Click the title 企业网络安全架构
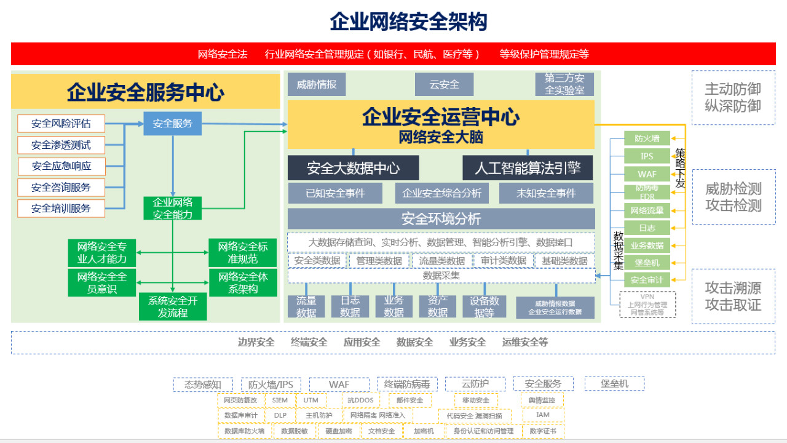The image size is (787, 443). [x=408, y=22]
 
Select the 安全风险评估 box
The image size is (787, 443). [x=61, y=124]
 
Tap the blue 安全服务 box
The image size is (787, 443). [x=173, y=124]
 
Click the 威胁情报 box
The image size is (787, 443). [x=317, y=84]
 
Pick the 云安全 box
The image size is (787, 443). [x=445, y=84]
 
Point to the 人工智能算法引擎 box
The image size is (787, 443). [x=528, y=168]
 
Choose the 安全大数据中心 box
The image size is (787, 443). [x=353, y=168]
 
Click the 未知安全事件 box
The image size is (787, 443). [x=546, y=193]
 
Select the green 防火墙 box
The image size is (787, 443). [x=647, y=138]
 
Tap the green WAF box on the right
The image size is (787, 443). [x=647, y=174]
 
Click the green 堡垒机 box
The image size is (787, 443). [x=647, y=263]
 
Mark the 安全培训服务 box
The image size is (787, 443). [x=61, y=209]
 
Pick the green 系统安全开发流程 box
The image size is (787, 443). [x=173, y=306]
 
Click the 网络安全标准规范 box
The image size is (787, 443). [x=243, y=252]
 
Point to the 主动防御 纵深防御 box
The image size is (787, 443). [x=733, y=98]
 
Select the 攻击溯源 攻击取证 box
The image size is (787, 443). [x=733, y=296]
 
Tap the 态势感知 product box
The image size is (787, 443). [x=203, y=385]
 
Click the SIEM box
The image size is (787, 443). [x=280, y=401]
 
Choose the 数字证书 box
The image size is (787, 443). [x=543, y=431]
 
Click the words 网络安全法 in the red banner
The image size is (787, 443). [x=223, y=54]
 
